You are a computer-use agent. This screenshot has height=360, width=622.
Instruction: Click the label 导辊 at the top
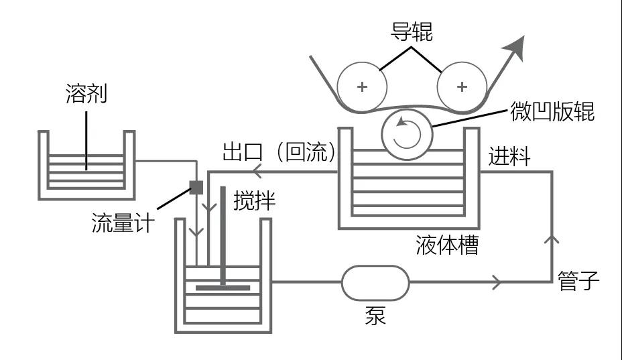point(412,32)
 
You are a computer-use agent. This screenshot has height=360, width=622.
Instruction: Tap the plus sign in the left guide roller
point(363,86)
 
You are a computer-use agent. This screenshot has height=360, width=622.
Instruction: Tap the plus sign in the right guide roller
point(462,86)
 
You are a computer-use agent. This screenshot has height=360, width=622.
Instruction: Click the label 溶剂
point(86,93)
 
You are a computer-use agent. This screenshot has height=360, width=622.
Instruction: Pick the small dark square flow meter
point(196,187)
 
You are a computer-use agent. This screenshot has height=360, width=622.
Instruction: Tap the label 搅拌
point(254,201)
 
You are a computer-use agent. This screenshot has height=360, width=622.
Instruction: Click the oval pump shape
point(375,284)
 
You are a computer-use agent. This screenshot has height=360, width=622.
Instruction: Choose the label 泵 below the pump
point(375,315)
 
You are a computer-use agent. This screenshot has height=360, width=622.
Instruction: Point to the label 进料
point(509,157)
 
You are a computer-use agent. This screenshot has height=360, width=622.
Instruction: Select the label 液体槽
point(446,245)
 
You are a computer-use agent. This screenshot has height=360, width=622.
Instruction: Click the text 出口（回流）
point(278,153)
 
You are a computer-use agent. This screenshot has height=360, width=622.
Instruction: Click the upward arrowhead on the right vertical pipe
point(554,237)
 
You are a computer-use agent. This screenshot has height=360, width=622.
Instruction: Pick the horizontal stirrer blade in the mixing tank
point(223,288)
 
